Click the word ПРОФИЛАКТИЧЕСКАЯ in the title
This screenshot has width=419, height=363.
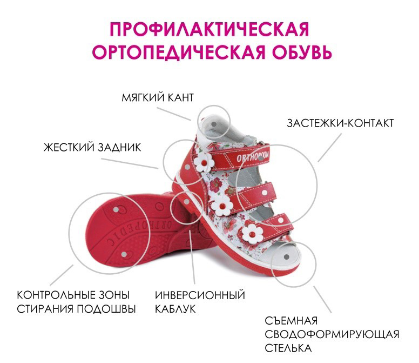(x=209, y=29)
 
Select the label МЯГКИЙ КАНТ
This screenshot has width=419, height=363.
(x=157, y=98)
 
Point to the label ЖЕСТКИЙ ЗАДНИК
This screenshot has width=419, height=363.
(x=92, y=147)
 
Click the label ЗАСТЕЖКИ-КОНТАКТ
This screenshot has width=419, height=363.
(x=340, y=123)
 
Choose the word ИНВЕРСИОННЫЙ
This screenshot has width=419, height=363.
(x=200, y=295)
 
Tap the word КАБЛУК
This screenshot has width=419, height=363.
(x=175, y=309)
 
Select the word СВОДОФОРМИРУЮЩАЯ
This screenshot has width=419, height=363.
(x=332, y=334)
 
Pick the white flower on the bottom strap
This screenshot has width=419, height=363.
(x=252, y=234)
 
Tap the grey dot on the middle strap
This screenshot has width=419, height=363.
(x=265, y=192)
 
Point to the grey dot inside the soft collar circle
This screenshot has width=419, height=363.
(x=214, y=124)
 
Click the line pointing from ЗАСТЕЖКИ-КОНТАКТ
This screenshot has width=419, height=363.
(x=330, y=147)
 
